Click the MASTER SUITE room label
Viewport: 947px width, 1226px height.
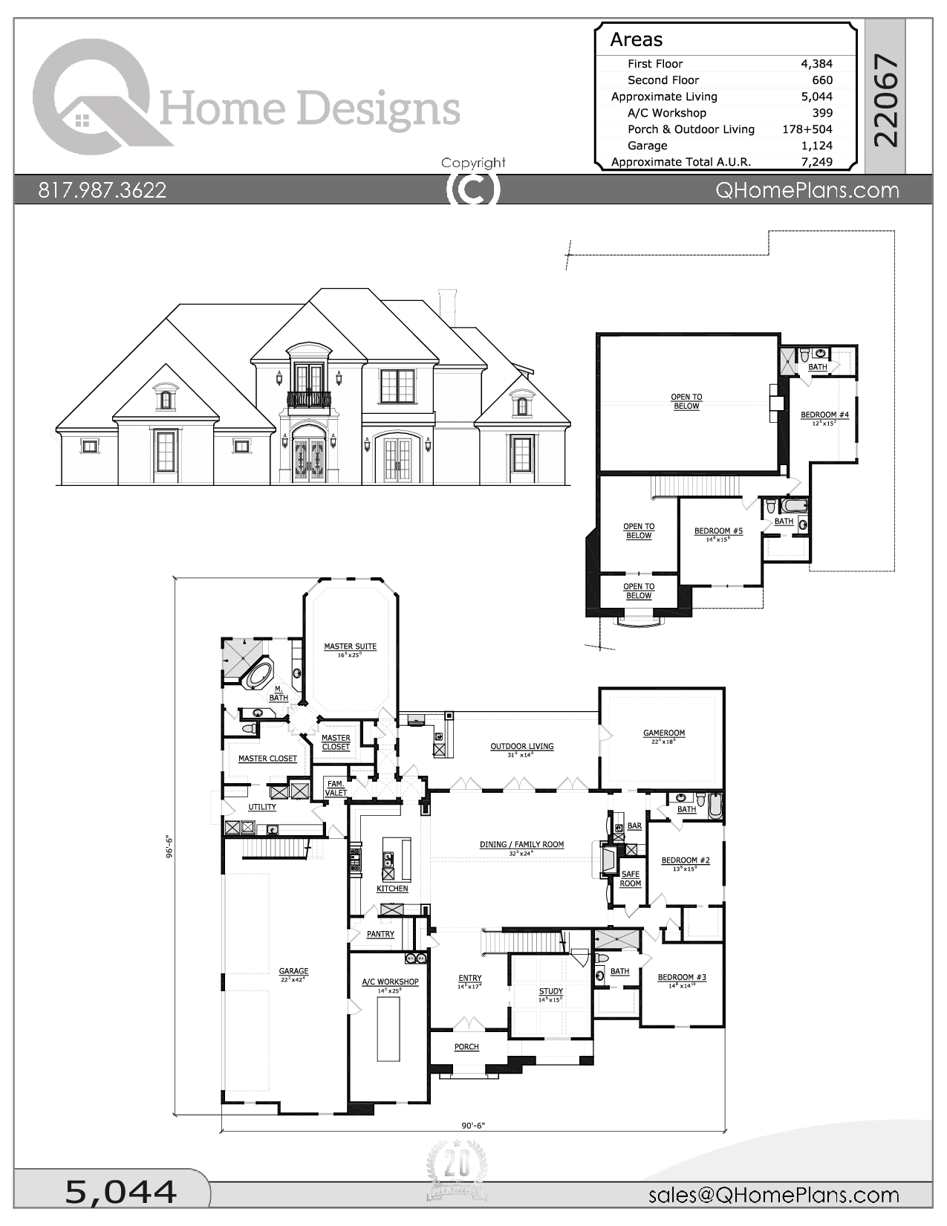click(x=350, y=646)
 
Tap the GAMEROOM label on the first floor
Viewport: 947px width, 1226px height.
click(x=664, y=733)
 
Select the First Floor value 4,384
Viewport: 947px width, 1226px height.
click(x=816, y=64)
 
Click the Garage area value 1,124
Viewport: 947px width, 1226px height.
click(x=816, y=146)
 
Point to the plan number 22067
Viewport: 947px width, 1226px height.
click(x=885, y=100)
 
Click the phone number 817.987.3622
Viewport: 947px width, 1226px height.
click(x=102, y=190)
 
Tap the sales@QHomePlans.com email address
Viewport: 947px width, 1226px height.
click(x=773, y=1195)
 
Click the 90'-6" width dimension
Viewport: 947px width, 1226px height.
click(x=472, y=1125)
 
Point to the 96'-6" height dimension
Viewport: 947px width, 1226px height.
click(x=169, y=847)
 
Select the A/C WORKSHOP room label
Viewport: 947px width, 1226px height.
click(x=390, y=982)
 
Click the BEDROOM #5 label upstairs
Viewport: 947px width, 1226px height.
click(x=718, y=531)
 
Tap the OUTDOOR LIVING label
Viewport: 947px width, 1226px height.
click(x=521, y=746)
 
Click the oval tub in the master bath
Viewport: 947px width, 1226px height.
click(x=258, y=675)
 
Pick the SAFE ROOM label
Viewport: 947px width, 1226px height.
click(x=630, y=879)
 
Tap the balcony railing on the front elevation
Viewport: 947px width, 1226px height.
click(x=309, y=400)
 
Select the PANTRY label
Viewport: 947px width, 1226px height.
click(x=380, y=934)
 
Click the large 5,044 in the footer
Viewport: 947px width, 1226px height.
click(x=121, y=1192)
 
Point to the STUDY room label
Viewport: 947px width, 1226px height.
click(x=550, y=991)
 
